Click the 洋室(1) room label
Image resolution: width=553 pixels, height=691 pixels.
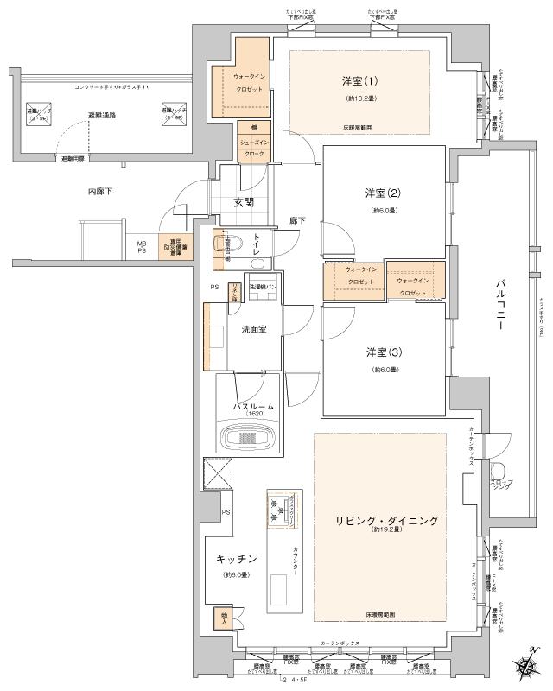359,82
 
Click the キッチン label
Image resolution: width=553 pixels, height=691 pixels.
235,559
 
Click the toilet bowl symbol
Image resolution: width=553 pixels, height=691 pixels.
234,244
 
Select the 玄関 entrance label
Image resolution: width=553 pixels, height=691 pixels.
243,203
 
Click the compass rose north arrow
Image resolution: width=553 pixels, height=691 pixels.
526,667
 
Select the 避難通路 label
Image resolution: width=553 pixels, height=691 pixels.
102,115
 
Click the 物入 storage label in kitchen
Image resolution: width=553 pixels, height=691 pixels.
223,619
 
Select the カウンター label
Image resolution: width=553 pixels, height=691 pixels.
295,562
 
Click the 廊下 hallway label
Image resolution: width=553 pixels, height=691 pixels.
297,221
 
